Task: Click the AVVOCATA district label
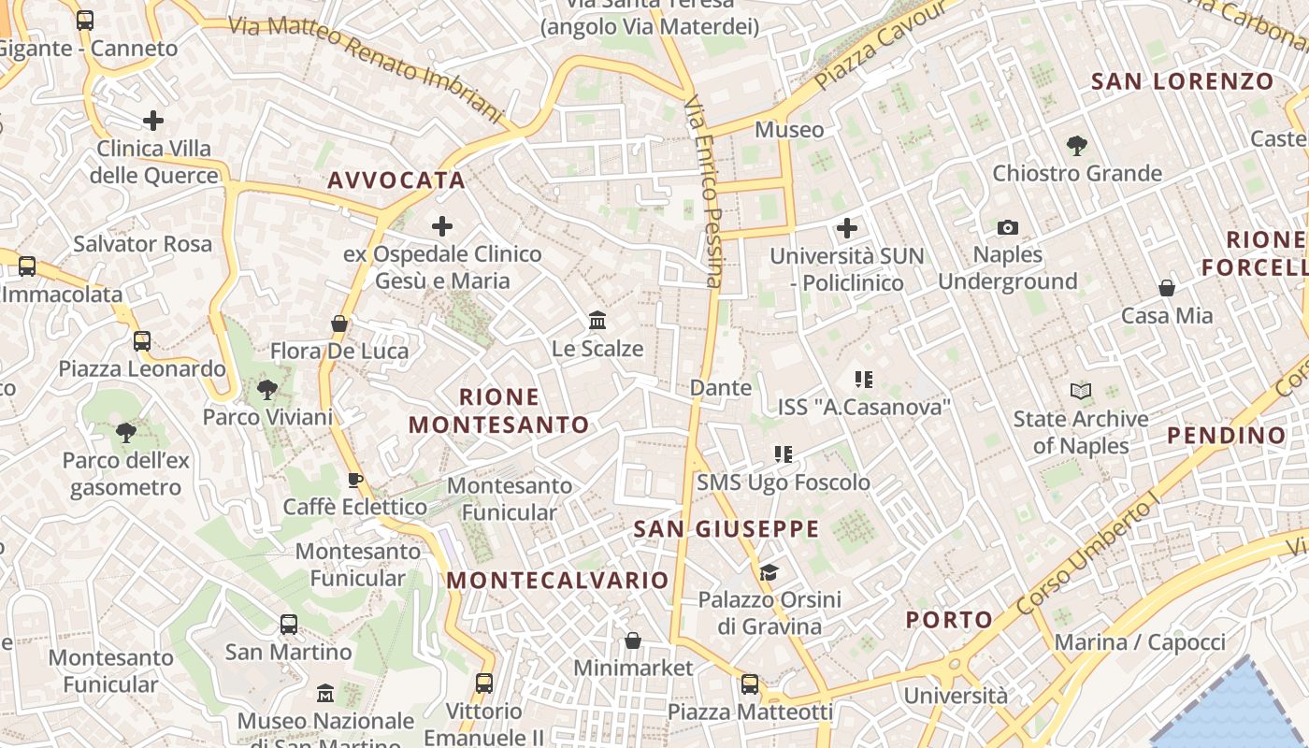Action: pyautogui.click(x=396, y=180)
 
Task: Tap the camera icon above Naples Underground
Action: pyautogui.click(x=1007, y=227)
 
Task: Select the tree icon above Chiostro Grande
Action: pyautogui.click(x=1076, y=145)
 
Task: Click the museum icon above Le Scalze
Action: pyautogui.click(x=597, y=322)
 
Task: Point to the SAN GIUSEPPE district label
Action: pyautogui.click(x=726, y=529)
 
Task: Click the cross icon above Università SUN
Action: pyautogui.click(x=846, y=228)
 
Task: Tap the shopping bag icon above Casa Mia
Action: pyautogui.click(x=1167, y=288)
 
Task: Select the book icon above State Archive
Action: pyautogui.click(x=1081, y=392)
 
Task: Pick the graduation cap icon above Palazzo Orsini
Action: pyautogui.click(x=769, y=572)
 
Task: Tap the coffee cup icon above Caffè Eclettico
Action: pyautogui.click(x=354, y=480)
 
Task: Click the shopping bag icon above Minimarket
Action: pyautogui.click(x=633, y=640)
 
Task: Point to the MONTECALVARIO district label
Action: pyautogui.click(x=557, y=581)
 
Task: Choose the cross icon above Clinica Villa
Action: pyautogui.click(x=153, y=121)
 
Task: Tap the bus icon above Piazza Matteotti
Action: pyautogui.click(x=750, y=684)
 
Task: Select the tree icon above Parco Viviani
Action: pyautogui.click(x=267, y=390)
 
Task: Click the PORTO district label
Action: pyautogui.click(x=949, y=620)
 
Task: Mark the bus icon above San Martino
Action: pyautogui.click(x=289, y=624)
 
